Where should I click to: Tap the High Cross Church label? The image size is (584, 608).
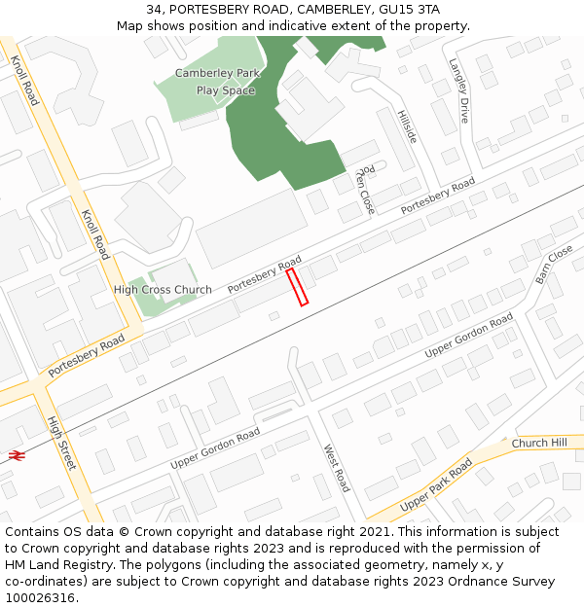coord(163,290)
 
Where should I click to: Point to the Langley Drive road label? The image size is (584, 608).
coord(458,90)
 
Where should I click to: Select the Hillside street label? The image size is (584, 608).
coord(407,126)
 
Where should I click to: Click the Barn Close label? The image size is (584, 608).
coord(554,265)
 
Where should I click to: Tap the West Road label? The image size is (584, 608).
coord(336,468)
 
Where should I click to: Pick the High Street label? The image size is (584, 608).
coord(61,443)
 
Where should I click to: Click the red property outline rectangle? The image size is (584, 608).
coord(297,287)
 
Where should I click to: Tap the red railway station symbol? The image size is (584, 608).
coord(16,454)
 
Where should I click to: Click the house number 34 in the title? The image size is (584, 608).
coord(155,9)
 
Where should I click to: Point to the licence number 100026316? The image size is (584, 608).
coord(40,598)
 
